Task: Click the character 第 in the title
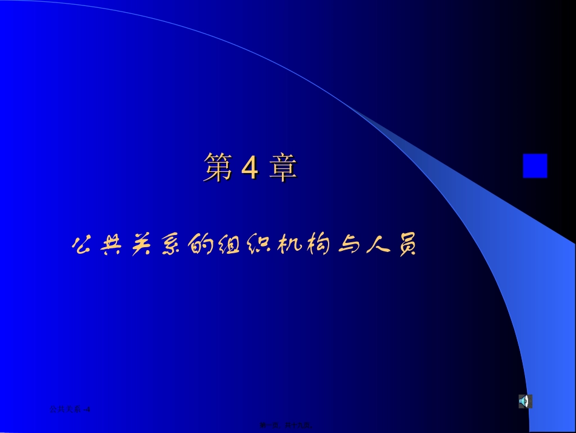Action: pyautogui.click(x=218, y=168)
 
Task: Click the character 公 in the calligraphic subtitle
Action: pyautogui.click(x=82, y=246)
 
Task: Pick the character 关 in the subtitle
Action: pyautogui.click(x=142, y=246)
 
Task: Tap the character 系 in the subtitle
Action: pyautogui.click(x=173, y=246)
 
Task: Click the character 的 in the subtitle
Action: pyautogui.click(x=203, y=246)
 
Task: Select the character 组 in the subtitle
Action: pyautogui.click(x=233, y=246)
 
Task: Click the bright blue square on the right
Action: pyautogui.click(x=535, y=166)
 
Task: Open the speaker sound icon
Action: pyautogui.click(x=525, y=401)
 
